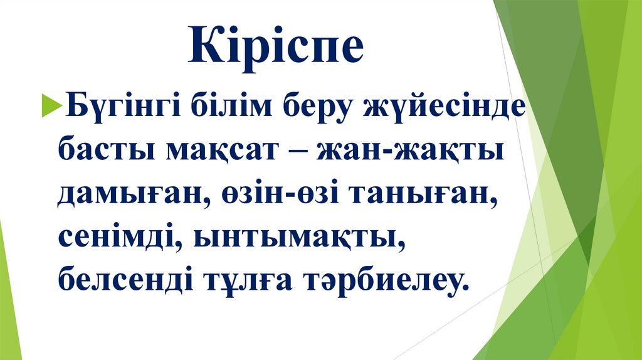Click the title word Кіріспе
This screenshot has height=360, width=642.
(x=276, y=46)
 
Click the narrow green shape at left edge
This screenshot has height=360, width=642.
(x=9, y=301)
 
